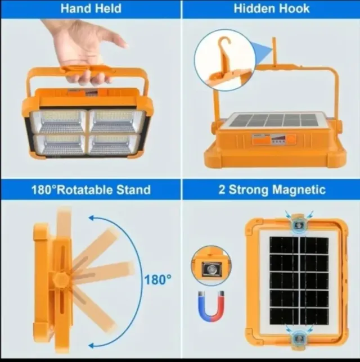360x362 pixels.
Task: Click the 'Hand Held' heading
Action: pyautogui.click(x=90, y=9)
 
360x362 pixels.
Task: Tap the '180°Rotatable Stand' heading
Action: pyautogui.click(x=91, y=189)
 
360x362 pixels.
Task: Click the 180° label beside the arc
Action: pyautogui.click(x=157, y=279)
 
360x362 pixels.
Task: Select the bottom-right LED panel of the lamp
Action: pyautogui.click(x=116, y=145)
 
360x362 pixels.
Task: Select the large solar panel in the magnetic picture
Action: pyautogui.click(x=299, y=280)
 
